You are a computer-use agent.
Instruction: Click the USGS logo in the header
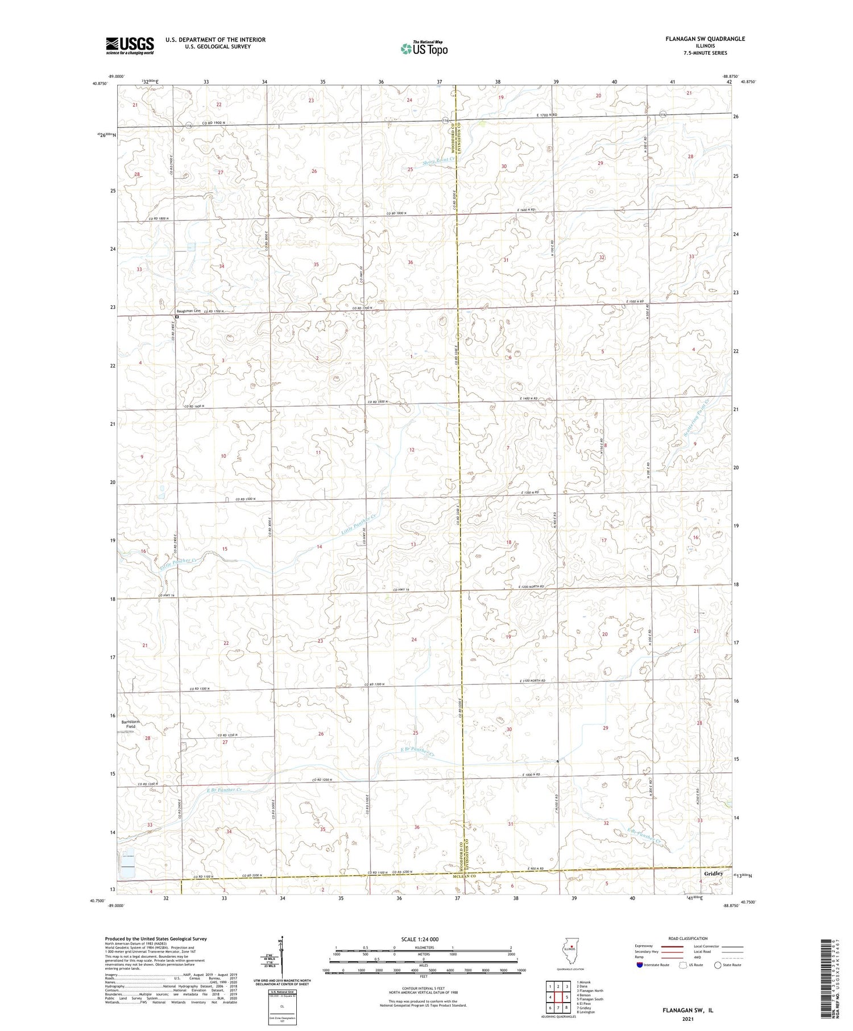130,45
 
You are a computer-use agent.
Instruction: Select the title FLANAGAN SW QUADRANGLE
705,39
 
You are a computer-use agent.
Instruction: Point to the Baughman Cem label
189,311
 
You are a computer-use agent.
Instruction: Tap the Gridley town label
714,873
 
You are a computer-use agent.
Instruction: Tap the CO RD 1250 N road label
227,735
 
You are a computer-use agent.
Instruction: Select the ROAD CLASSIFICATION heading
688,938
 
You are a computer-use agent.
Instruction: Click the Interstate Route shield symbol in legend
640,965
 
